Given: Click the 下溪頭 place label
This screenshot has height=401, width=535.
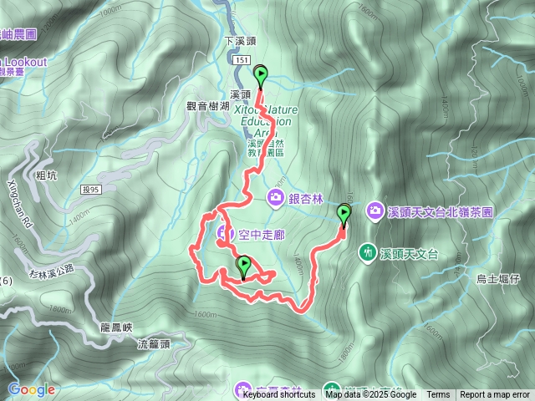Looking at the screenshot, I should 240,40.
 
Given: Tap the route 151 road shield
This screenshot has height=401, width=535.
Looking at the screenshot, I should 242,61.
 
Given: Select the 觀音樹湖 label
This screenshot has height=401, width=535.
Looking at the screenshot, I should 206,106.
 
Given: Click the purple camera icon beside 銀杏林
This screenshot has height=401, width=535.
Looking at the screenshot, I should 275,197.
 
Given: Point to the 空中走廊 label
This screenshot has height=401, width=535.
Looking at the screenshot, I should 249,231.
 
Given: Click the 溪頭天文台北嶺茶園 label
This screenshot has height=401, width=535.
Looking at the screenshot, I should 441,211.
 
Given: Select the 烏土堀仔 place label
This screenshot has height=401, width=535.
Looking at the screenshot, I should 498,279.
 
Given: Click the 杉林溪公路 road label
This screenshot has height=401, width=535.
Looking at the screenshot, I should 51,269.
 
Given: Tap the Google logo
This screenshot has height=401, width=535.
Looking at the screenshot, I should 32,390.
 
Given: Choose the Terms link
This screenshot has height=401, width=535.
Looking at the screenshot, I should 438,395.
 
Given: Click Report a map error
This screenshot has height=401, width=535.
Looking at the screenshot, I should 496,395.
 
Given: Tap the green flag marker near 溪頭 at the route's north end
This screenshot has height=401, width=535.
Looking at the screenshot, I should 261,76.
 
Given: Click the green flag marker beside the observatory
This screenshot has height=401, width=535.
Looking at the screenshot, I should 344,215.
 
